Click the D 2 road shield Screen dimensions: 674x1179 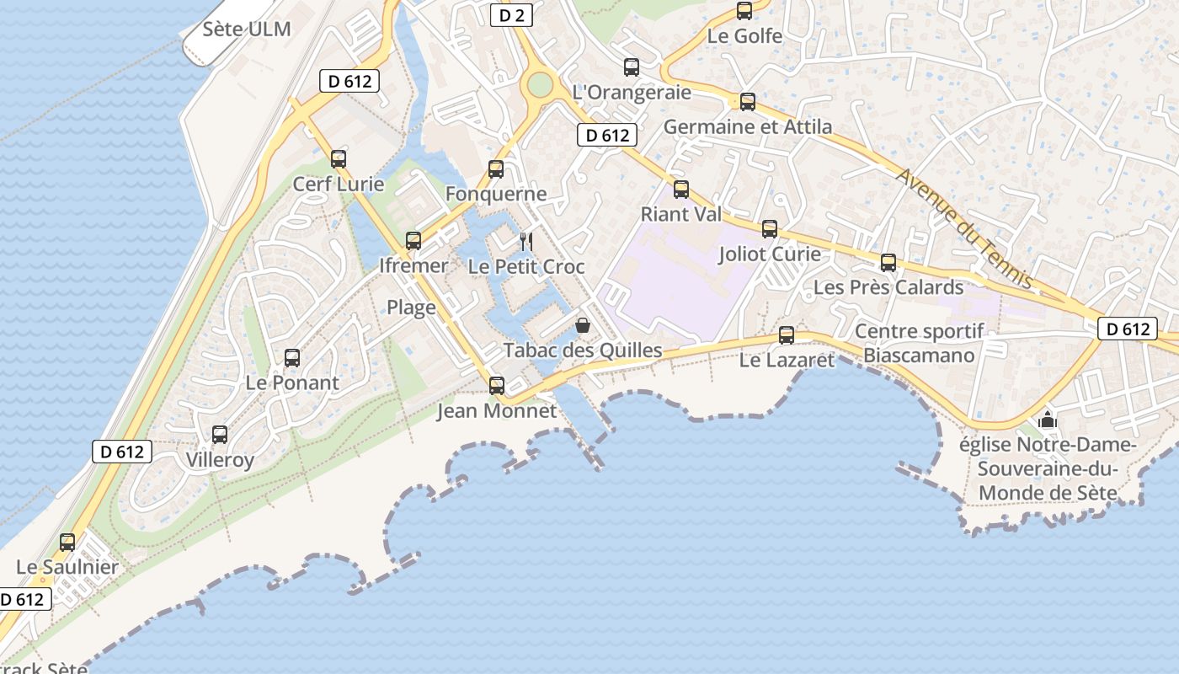coord(512,14)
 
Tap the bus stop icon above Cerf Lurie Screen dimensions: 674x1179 coord(339,158)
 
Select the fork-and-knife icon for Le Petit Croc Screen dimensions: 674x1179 coord(526,242)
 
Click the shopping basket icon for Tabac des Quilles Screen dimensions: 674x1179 coord(582,324)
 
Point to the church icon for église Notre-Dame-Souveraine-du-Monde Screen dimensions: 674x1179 coord(1047,418)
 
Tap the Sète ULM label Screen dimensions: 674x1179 coord(247,29)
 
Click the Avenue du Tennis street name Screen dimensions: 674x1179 coord(964,227)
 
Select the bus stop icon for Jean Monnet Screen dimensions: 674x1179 coord(497,386)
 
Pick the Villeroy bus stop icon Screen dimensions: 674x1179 coord(220,435)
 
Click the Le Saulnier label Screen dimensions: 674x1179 coord(67,567)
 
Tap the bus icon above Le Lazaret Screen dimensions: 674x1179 coord(787,335)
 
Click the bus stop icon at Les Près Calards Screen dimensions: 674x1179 coord(888,263)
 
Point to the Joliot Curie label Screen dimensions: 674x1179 coord(770,254)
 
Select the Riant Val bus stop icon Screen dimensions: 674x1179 coord(681,190)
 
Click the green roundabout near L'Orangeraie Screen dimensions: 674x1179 coord(539,84)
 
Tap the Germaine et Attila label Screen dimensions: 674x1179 coord(748,127)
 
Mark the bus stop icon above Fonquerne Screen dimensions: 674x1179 coord(496,169)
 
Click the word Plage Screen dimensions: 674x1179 coord(411,308)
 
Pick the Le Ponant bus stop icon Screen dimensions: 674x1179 coord(292,358)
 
